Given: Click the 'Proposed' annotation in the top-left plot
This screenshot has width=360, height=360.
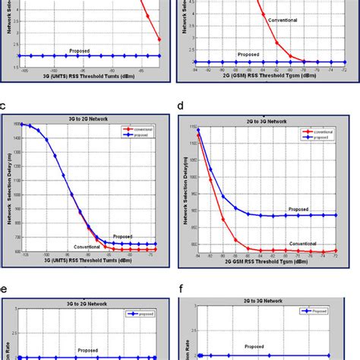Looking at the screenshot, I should point(80,50).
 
